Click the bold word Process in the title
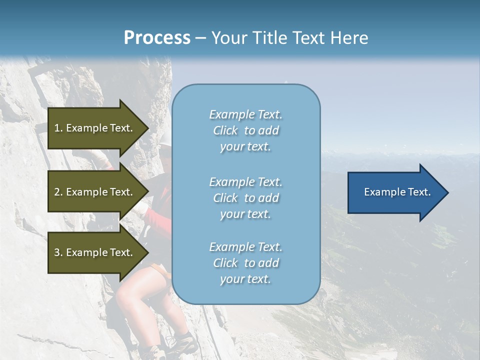click(157, 38)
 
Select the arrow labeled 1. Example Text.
click(95, 128)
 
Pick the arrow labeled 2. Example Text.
click(95, 192)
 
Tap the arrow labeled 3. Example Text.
click(95, 252)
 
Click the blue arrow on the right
click(395, 192)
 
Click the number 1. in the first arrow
click(58, 128)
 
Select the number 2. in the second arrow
click(58, 192)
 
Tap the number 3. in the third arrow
click(58, 252)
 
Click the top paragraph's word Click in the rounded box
click(225, 130)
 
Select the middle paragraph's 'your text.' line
click(245, 214)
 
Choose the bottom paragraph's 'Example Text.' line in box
click(245, 247)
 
